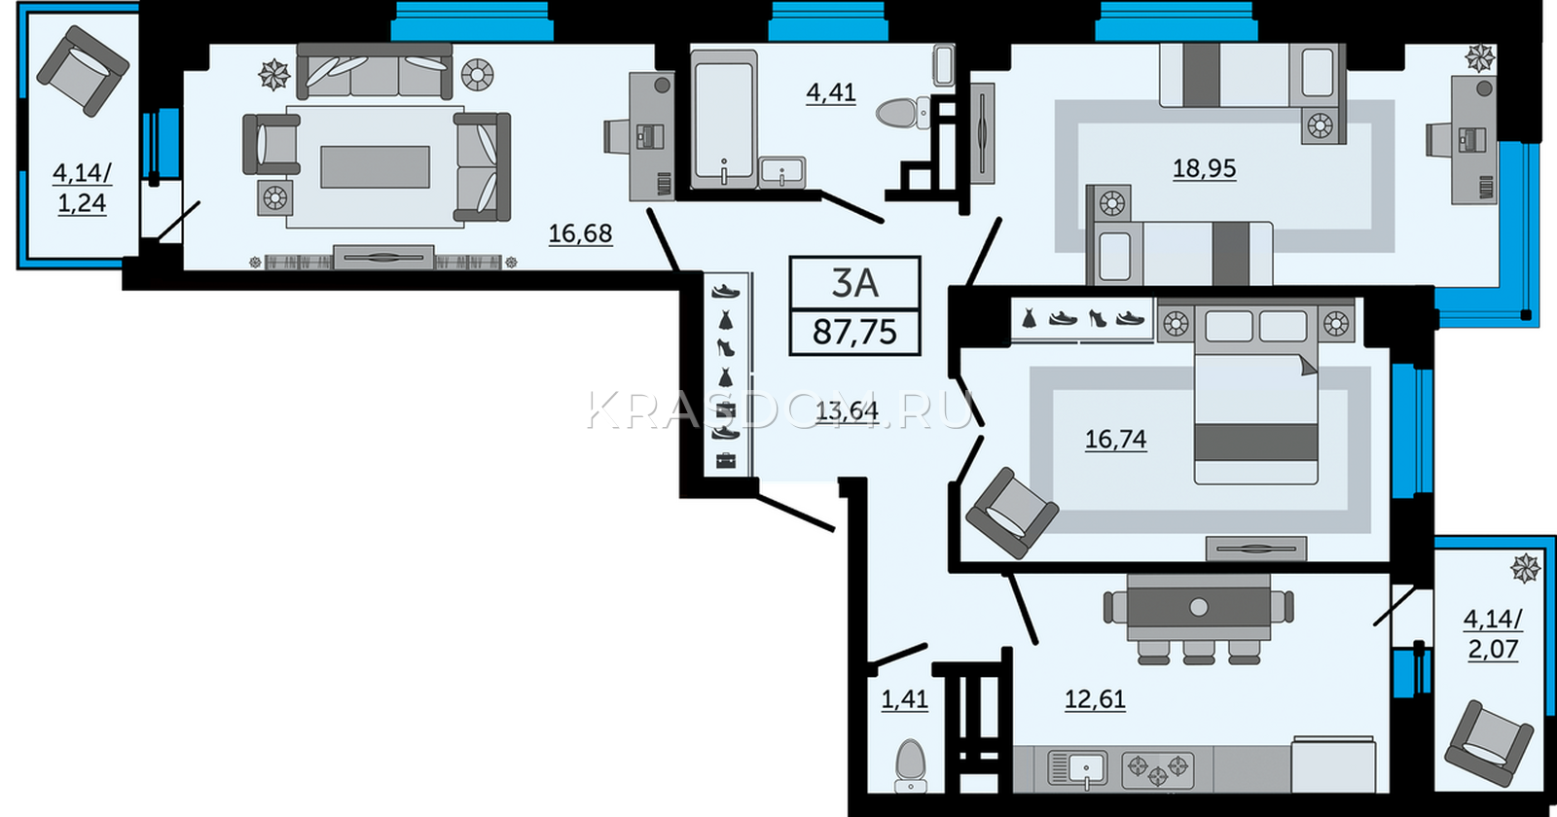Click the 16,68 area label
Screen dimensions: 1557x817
pyautogui.click(x=580, y=233)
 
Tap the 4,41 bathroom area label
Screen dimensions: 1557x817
pyautogui.click(x=831, y=91)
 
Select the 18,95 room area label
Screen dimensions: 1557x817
pyautogui.click(x=1205, y=168)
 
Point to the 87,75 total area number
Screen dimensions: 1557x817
pyautogui.click(x=855, y=332)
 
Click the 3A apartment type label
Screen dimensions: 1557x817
pyautogui.click(x=855, y=283)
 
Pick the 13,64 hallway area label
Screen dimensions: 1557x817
pyautogui.click(x=847, y=411)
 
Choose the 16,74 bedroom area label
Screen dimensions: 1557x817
pyautogui.click(x=1115, y=439)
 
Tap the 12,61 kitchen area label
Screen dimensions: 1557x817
pyautogui.click(x=1095, y=699)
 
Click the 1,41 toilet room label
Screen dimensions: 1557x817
pyautogui.click(x=904, y=699)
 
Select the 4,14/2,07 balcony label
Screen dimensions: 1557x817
pyautogui.click(x=1493, y=634)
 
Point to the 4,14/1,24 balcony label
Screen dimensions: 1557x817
pyautogui.click(x=82, y=189)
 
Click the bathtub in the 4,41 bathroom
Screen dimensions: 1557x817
pyautogui.click(x=724, y=118)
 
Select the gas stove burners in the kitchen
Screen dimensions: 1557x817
pyautogui.click(x=1157, y=770)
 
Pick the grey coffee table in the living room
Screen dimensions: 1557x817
pyautogui.click(x=375, y=166)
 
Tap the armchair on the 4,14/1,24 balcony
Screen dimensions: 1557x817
pyautogui.click(x=83, y=71)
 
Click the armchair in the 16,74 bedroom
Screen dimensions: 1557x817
pyautogui.click(x=1012, y=513)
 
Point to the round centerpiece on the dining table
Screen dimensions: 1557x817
pyautogui.click(x=1198, y=607)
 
